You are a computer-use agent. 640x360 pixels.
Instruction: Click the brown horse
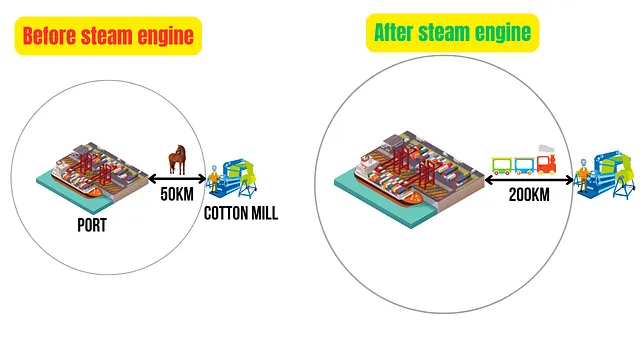tap(178, 160)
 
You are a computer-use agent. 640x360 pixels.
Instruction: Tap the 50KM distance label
tap(177, 194)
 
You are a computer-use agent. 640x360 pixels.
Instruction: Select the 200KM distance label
tap(529, 195)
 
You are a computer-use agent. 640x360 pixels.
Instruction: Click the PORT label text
tap(92, 225)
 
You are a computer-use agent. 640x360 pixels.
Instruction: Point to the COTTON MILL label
tap(241, 213)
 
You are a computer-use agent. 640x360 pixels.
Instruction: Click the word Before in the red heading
tap(49, 36)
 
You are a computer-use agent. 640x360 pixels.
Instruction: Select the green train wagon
tap(502, 166)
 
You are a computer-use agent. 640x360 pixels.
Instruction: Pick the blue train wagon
tap(524, 166)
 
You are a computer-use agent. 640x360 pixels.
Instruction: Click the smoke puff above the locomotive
tap(546, 149)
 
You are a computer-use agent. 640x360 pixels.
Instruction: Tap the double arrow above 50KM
tap(177, 179)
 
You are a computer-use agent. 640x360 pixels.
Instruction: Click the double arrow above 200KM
tap(529, 180)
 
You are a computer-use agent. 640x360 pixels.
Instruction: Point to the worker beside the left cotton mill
tap(213, 179)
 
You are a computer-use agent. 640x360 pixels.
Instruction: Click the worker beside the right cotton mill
tap(583, 175)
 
